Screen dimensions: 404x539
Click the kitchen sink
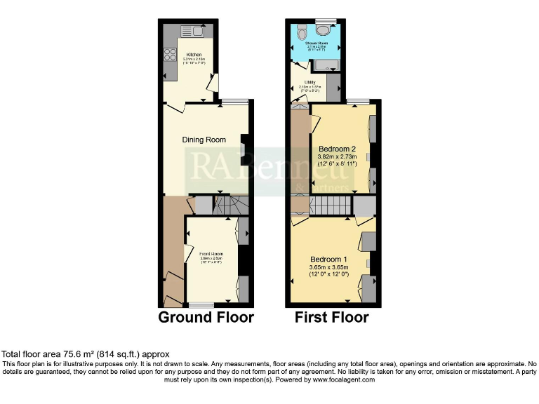point(191,30)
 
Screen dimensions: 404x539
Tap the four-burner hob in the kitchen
point(169,54)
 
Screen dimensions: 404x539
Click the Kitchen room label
point(194,53)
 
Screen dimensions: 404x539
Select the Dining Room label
point(204,140)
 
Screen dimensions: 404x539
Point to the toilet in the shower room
point(302,33)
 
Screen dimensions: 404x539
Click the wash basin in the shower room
point(324,28)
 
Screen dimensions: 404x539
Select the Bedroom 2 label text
point(338,149)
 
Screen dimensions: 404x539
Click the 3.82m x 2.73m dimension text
point(338,156)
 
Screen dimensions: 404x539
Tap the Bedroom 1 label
point(328,259)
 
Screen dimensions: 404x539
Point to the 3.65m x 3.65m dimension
point(328,267)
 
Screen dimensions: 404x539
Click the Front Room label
point(211,253)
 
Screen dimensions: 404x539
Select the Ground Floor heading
point(206,317)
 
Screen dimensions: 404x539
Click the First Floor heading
point(332,317)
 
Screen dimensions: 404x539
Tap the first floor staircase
point(330,206)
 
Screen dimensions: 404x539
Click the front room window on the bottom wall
point(201,304)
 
